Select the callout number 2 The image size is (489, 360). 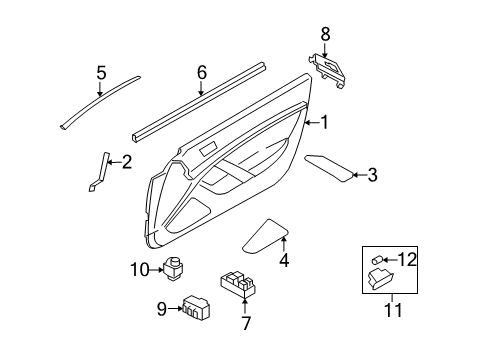pos(126,161)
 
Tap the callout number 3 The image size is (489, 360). pos(372,176)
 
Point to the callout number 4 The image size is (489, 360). pos(283,262)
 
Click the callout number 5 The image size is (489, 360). pos(100,71)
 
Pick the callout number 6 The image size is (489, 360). pos(201,71)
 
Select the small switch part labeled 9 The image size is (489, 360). pos(195,306)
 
